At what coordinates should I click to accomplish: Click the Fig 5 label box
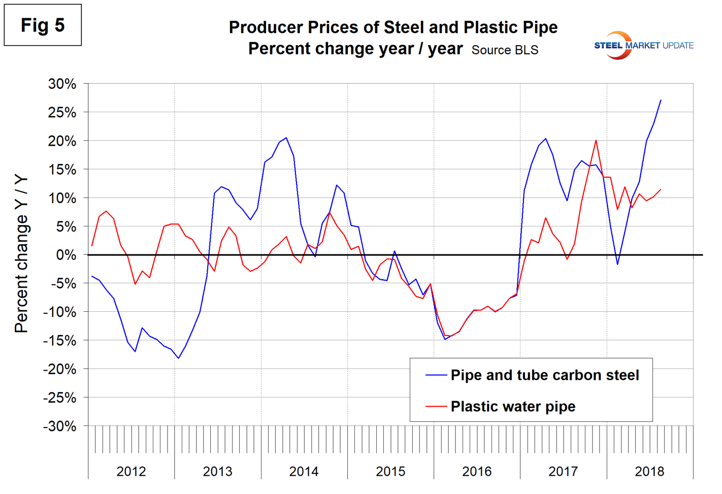point(43,25)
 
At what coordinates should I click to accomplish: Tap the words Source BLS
point(505,50)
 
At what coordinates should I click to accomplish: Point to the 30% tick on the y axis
point(62,84)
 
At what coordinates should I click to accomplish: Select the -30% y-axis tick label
point(60,426)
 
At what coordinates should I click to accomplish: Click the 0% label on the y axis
point(66,255)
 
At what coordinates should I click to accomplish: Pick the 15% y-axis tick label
point(62,170)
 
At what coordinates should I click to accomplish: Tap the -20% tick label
point(60,370)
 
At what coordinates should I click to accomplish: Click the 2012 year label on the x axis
point(131,472)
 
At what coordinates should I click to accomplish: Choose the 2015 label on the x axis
point(390,472)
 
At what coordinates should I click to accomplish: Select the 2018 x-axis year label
point(649,472)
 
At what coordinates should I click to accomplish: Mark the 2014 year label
point(304,472)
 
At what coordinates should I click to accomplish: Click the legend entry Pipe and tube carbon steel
point(544,375)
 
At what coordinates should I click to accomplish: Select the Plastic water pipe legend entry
point(513,407)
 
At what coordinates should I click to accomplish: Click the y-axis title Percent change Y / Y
point(21,254)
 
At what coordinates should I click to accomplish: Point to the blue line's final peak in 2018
point(661,100)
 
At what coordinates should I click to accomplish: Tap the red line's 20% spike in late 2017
point(596,141)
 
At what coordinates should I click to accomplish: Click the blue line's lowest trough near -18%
point(178,358)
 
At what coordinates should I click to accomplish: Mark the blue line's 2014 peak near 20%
point(286,138)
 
